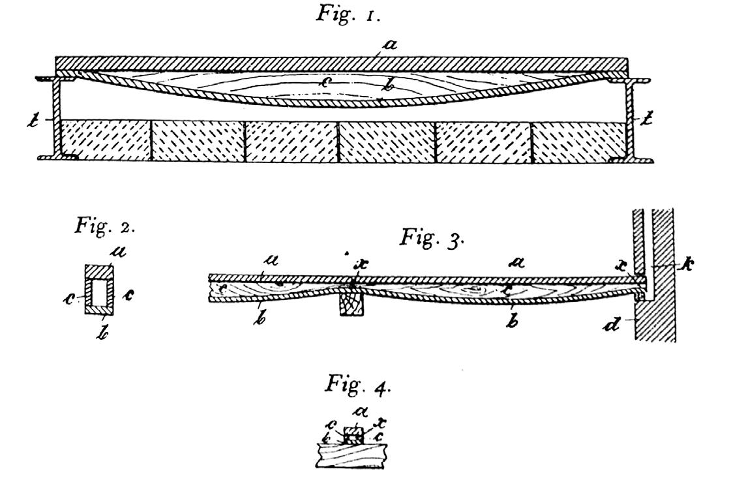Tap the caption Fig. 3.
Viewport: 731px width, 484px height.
pyautogui.click(x=432, y=237)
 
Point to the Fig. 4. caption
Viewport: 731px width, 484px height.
pyautogui.click(x=358, y=384)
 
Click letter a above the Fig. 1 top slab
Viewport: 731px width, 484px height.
pyautogui.click(x=391, y=44)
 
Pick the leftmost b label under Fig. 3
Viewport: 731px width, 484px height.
pyautogui.click(x=260, y=319)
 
